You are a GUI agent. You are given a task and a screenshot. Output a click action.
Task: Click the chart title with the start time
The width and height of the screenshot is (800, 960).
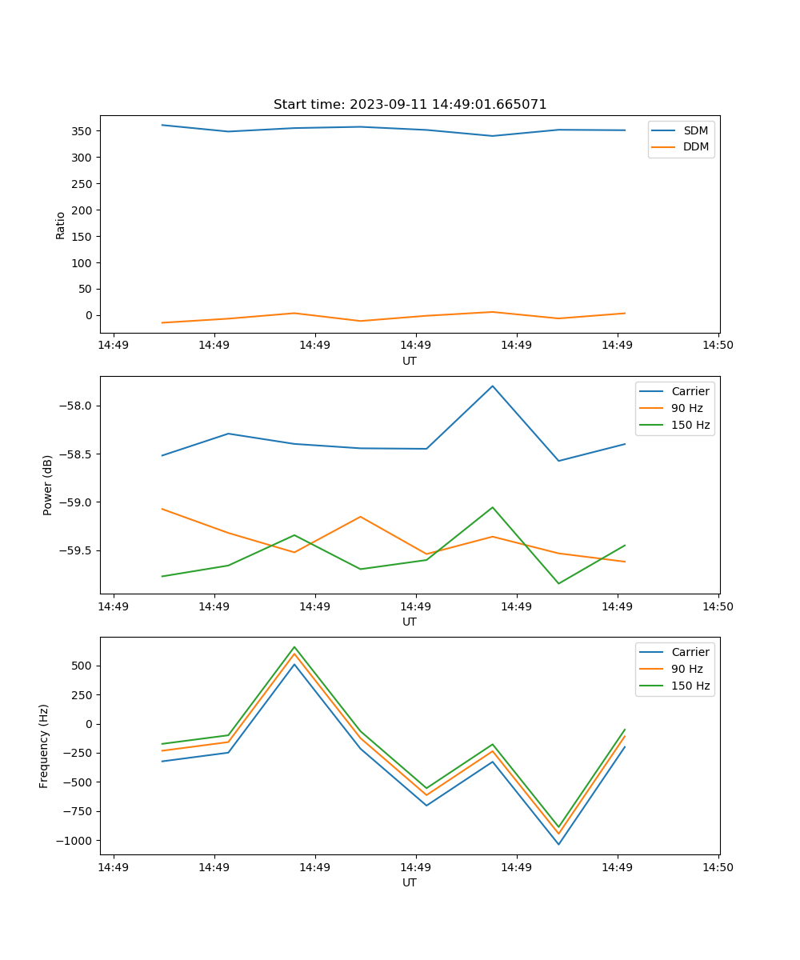(410, 105)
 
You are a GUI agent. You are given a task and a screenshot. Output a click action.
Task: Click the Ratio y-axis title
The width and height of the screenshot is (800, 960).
(61, 226)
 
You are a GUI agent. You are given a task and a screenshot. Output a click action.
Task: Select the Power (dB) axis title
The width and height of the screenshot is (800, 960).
(48, 485)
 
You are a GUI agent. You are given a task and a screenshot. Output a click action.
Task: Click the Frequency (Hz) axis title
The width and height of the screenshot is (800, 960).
(44, 746)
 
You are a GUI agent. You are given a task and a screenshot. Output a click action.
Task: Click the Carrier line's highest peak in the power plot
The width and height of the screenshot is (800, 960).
(493, 386)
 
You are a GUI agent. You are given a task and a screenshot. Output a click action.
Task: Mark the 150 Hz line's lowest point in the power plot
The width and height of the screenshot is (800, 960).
(558, 583)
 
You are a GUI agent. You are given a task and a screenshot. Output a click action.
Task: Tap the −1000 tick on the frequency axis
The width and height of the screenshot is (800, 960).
(73, 841)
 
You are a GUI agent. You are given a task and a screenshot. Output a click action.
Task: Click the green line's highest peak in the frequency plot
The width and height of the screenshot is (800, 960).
(294, 646)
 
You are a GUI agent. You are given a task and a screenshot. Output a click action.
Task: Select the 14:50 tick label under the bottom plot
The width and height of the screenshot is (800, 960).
(718, 866)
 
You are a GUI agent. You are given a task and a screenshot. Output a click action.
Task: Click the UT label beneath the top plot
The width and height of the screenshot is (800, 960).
(410, 361)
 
